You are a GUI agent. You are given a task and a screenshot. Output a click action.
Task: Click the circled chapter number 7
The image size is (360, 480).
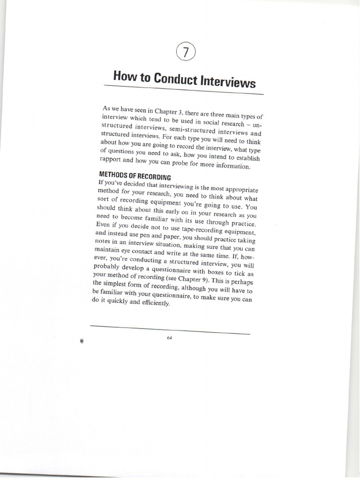pyautogui.click(x=186, y=52)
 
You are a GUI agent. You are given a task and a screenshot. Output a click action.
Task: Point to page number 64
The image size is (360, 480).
pyautogui.click(x=169, y=338)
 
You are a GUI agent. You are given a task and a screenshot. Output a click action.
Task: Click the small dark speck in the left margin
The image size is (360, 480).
pyautogui.click(x=82, y=341)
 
